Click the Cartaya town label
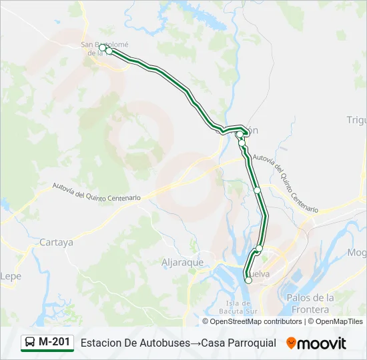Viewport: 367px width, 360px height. tap(56, 243)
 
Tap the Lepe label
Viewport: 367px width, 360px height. tap(11, 275)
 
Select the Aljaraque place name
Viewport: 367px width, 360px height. tap(182, 262)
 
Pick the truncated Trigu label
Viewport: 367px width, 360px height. tap(356, 120)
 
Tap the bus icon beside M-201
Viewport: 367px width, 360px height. tap(30, 343)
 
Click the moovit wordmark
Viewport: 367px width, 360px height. tap(322, 343)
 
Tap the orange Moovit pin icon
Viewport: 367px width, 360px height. tap(291, 343)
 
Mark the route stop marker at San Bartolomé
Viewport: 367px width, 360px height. tap(108, 51)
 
